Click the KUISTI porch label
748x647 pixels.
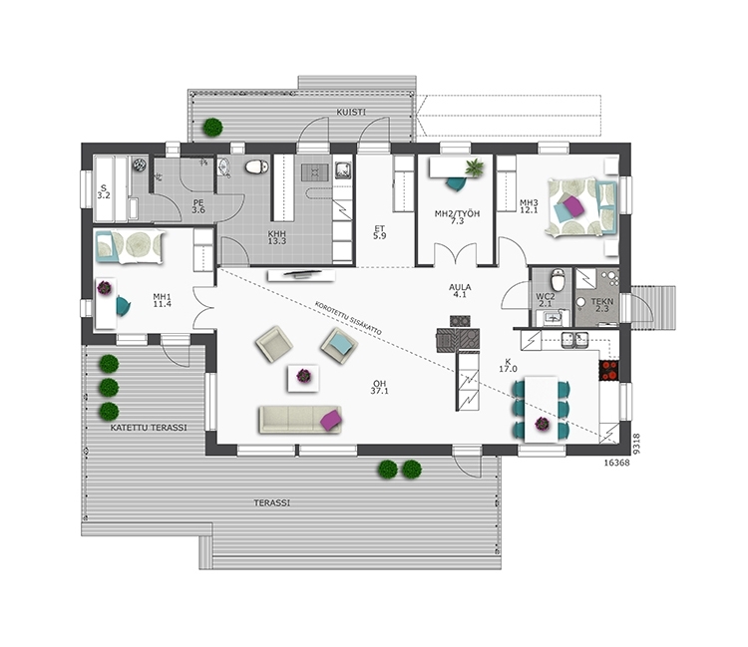(351, 113)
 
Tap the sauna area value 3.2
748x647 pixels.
(104, 195)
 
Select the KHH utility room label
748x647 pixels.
(276, 234)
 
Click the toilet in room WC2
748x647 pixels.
(558, 279)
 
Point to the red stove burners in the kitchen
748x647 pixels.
(609, 371)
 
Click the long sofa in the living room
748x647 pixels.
(300, 420)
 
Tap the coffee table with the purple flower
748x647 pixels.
(303, 378)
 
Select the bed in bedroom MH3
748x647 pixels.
(581, 207)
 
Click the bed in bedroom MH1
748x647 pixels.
(130, 246)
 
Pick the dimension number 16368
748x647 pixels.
(616, 463)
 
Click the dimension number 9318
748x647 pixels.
(636, 444)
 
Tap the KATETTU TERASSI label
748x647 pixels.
(149, 428)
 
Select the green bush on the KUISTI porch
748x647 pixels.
(212, 127)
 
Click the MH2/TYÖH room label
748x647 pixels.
(457, 213)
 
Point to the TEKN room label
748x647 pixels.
(602, 302)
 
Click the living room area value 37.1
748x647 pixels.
(380, 391)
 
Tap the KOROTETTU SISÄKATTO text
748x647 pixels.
(348, 318)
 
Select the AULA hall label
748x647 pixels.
(460, 287)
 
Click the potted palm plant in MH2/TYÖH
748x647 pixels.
(475, 166)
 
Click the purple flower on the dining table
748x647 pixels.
(542, 424)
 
